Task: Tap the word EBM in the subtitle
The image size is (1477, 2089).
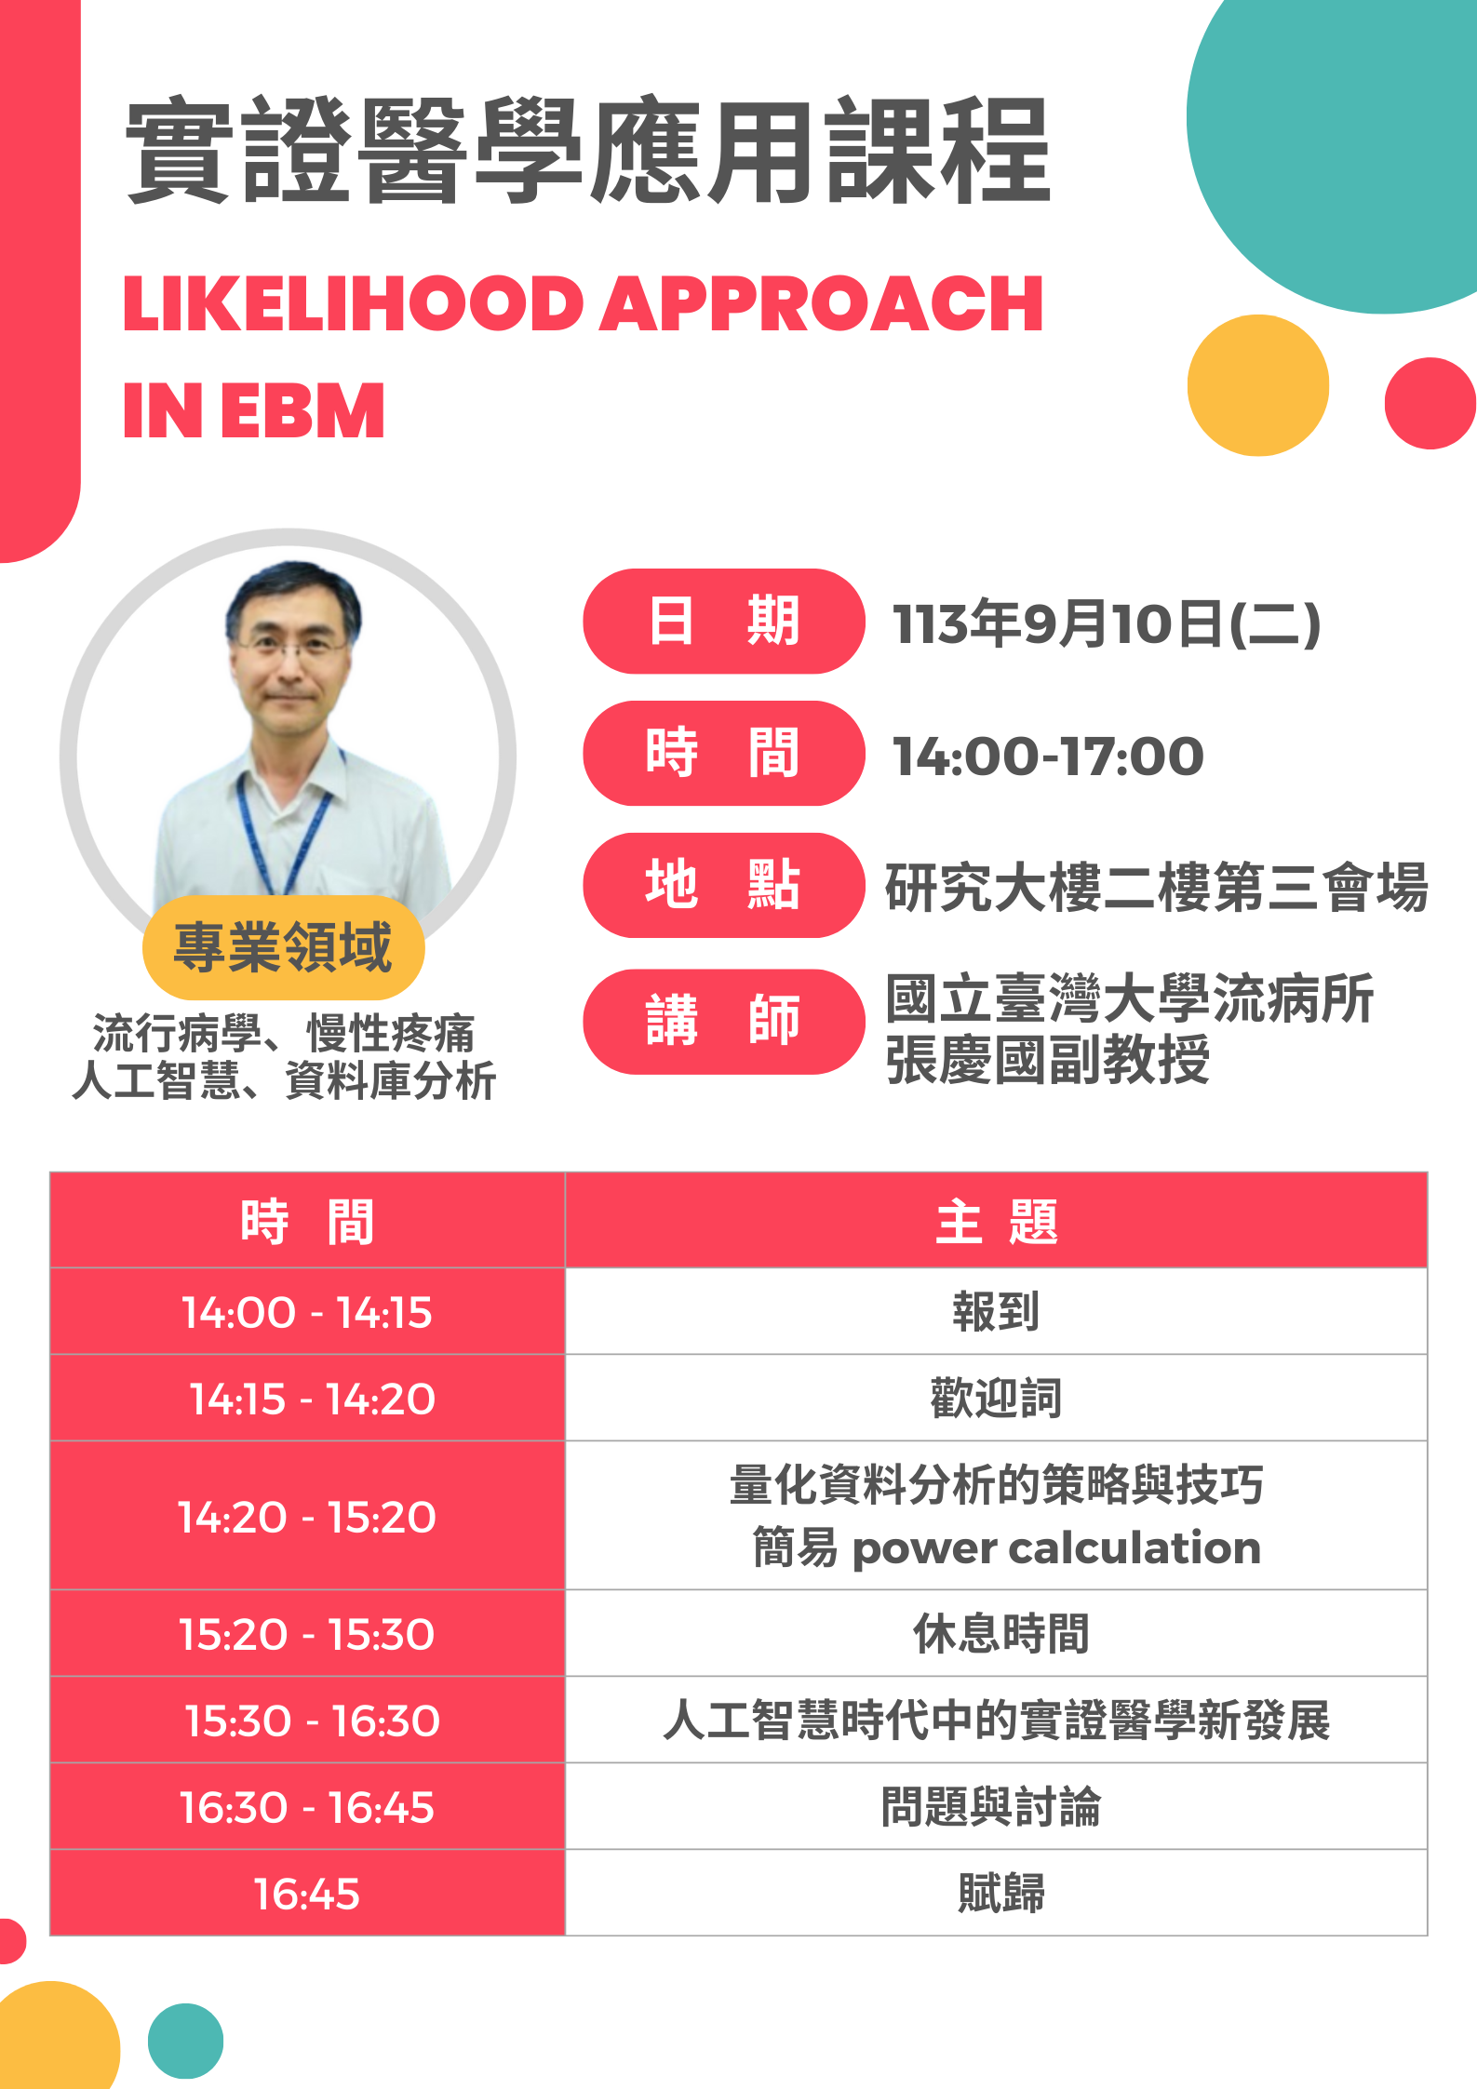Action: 302,410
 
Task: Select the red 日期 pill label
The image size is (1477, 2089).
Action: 724,621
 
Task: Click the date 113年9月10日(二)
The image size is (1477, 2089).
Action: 1107,623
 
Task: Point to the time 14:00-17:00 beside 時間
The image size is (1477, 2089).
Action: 1048,756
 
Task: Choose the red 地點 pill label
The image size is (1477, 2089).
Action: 724,885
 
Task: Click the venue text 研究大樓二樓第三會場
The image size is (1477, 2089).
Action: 1157,887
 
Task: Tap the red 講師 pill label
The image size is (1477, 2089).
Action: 724,1022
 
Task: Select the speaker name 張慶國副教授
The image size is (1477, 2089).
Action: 1048,1060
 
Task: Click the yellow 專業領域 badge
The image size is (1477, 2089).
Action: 284,947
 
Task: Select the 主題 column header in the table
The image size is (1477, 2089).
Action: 997,1221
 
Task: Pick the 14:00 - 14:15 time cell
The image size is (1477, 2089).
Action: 307,1311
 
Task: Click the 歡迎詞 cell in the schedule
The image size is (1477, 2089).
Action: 997,1398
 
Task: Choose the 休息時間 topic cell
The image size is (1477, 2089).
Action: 997,1633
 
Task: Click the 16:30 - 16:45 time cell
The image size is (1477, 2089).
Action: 307,1806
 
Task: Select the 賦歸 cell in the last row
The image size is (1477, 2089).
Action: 997,1893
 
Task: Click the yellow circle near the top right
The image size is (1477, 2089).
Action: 1258,385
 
